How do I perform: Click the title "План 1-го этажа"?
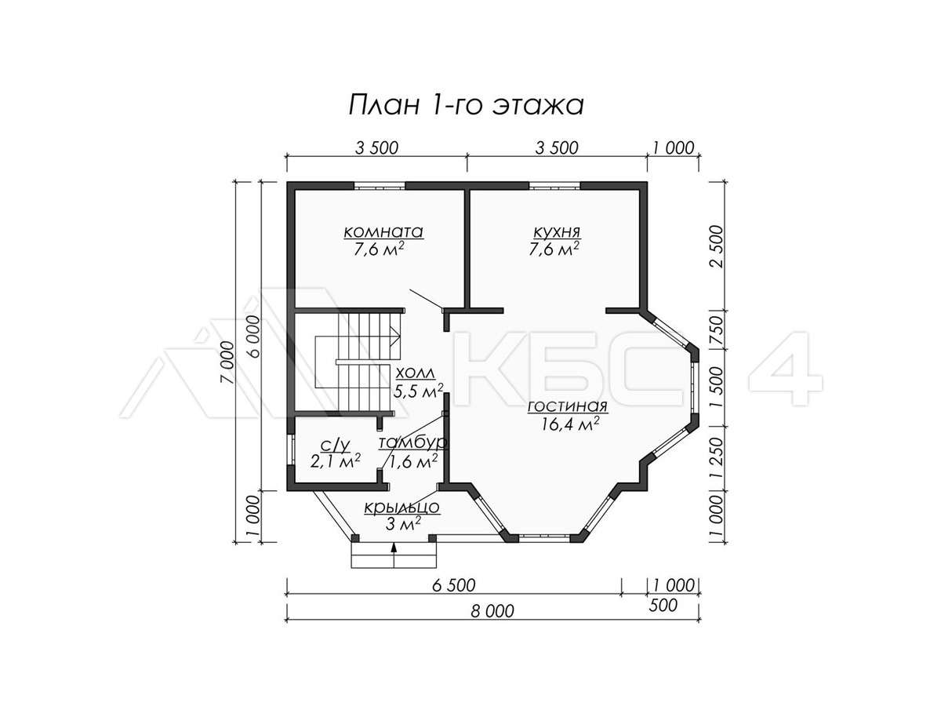466,106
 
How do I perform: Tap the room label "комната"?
383,232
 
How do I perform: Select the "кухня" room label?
557,232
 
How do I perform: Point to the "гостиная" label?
568,406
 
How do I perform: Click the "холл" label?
415,373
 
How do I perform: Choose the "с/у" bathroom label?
336,446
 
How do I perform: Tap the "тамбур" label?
413,442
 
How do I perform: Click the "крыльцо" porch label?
401,508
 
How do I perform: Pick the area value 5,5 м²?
419,391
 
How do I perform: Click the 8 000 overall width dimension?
492,611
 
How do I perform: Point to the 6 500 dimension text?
453,585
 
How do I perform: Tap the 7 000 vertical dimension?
228,362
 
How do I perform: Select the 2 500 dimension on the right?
717,246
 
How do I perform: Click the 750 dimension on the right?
717,329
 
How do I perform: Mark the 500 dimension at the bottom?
663,606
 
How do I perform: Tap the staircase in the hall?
357,362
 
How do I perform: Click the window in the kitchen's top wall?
554,186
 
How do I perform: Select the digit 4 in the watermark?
786,369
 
